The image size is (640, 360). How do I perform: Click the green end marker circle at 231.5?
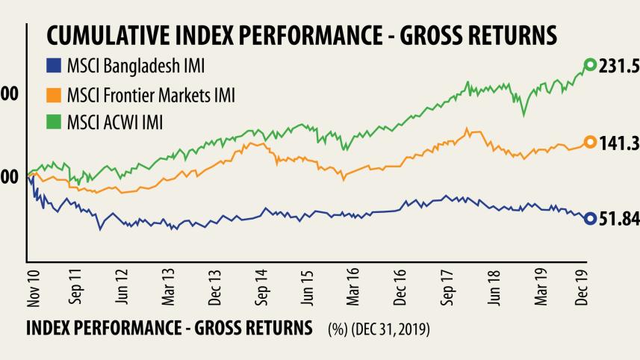(x=589, y=66)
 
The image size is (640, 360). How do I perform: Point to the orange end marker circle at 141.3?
(x=589, y=143)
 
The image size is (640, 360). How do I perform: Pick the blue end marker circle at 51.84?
(x=589, y=218)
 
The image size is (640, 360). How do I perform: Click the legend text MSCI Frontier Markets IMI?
(x=150, y=95)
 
